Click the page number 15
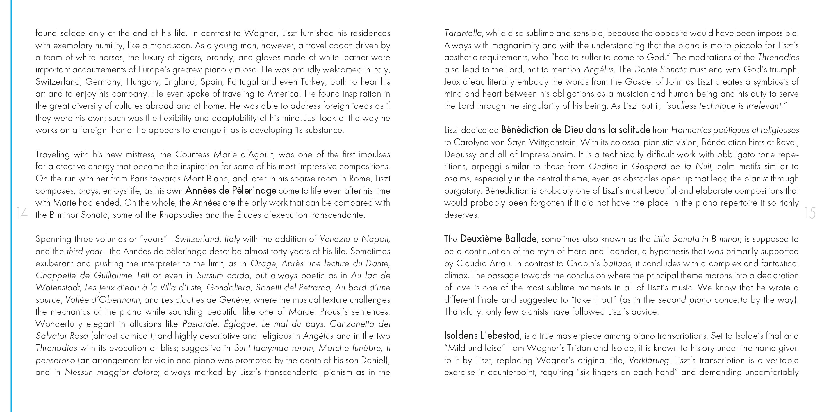810,213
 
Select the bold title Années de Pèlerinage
231,191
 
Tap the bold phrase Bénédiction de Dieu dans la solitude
575,130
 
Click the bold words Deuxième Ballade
498,239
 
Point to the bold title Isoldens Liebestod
482,336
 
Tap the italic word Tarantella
463,33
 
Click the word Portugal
242,82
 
